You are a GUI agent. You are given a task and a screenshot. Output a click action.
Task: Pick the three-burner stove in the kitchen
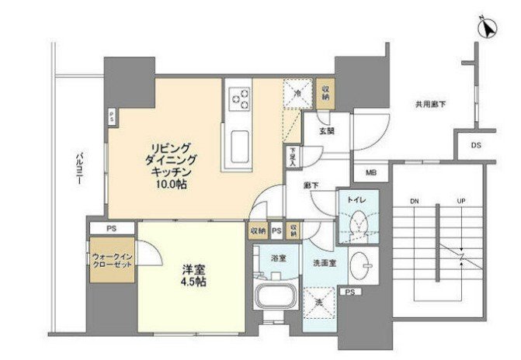240,99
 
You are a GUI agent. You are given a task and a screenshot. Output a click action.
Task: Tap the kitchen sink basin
240,145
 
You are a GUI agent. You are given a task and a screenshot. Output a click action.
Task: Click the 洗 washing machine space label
318,301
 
